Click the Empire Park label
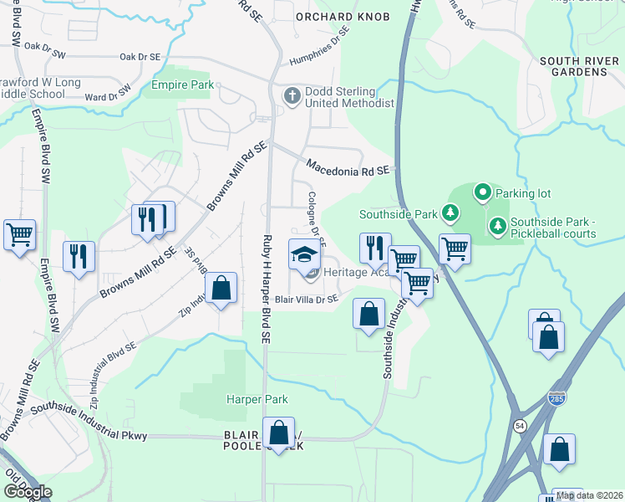pyautogui.click(x=182, y=85)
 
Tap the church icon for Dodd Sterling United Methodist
pyautogui.click(x=292, y=95)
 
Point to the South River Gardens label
pyautogui.click(x=573, y=66)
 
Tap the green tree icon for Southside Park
pyautogui.click(x=450, y=214)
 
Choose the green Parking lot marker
pyautogui.click(x=482, y=193)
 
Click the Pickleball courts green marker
pyautogui.click(x=498, y=225)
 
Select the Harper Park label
pyautogui.click(x=257, y=399)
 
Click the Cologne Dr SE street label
pyautogui.click(x=313, y=216)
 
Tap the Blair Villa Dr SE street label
pyautogui.click(x=307, y=299)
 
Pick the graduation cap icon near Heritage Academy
pyautogui.click(x=304, y=254)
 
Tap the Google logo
pyautogui.click(x=28, y=491)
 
